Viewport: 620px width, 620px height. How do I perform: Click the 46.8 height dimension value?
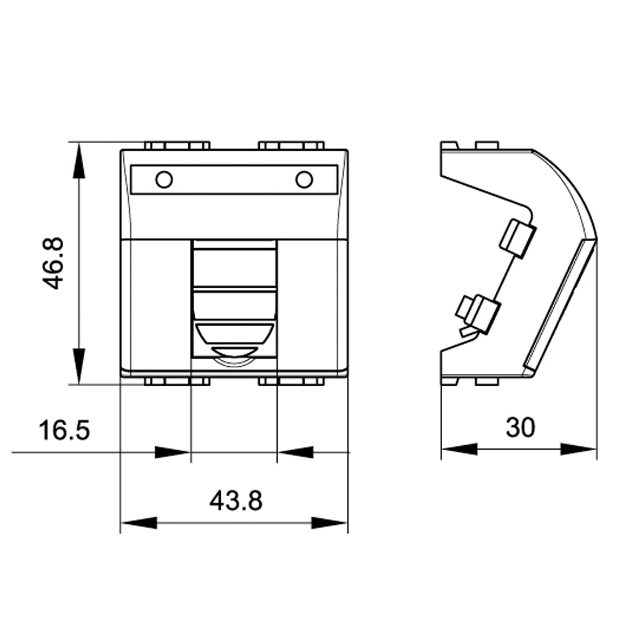pyautogui.click(x=53, y=263)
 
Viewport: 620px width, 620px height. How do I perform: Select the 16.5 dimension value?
pyautogui.click(x=64, y=430)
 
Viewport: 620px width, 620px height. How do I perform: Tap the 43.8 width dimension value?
pyautogui.click(x=236, y=500)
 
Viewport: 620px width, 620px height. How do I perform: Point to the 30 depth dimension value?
pyautogui.click(x=520, y=427)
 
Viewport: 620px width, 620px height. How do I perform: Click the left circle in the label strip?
pyautogui.click(x=164, y=180)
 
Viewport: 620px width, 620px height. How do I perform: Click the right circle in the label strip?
pyautogui.click(x=304, y=180)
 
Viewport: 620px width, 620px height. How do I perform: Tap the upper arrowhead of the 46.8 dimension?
pyautogui.click(x=79, y=160)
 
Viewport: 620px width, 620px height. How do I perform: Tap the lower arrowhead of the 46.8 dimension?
pyautogui.click(x=79, y=366)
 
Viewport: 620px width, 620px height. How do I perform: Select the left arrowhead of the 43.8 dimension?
pyautogui.click(x=139, y=523)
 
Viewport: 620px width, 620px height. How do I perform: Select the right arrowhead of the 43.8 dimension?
pyautogui.click(x=329, y=523)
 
